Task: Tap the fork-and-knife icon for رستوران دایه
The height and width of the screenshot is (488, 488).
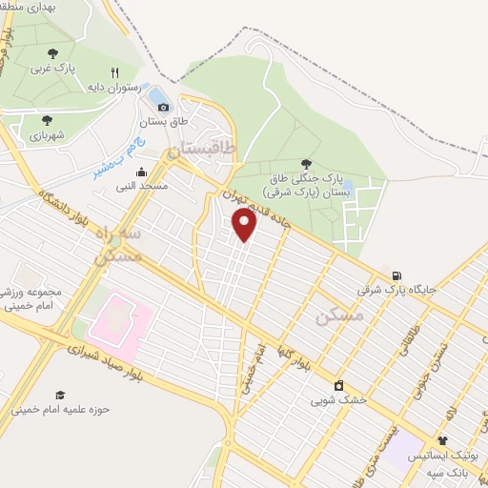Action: pyautogui.click(x=115, y=72)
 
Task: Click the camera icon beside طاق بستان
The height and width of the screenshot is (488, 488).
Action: pyautogui.click(x=163, y=107)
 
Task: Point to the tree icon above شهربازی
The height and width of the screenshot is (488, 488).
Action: pyautogui.click(x=47, y=120)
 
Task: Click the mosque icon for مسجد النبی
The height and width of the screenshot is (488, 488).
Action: pyautogui.click(x=142, y=172)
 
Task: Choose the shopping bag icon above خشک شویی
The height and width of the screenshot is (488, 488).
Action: pyautogui.click(x=338, y=386)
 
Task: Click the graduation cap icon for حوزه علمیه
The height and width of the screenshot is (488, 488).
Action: pyautogui.click(x=60, y=396)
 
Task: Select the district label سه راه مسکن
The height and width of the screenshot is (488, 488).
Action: pyautogui.click(x=119, y=245)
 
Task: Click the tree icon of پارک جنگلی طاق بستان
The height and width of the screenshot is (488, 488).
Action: pyautogui.click(x=306, y=164)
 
